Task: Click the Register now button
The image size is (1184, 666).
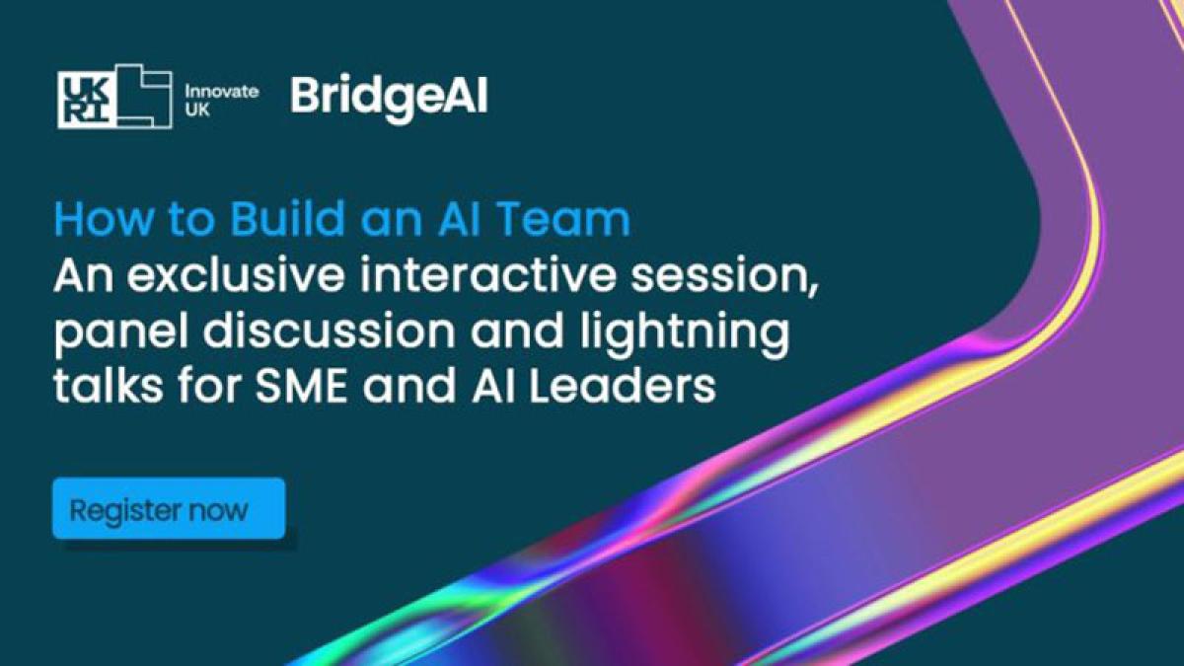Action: (169, 508)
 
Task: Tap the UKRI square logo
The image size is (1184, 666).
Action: (114, 97)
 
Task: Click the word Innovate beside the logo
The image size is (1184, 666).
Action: (221, 92)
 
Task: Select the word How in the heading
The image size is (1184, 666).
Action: (104, 218)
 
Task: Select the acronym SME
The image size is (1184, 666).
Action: (301, 386)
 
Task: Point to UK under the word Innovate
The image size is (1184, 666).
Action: (197, 111)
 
